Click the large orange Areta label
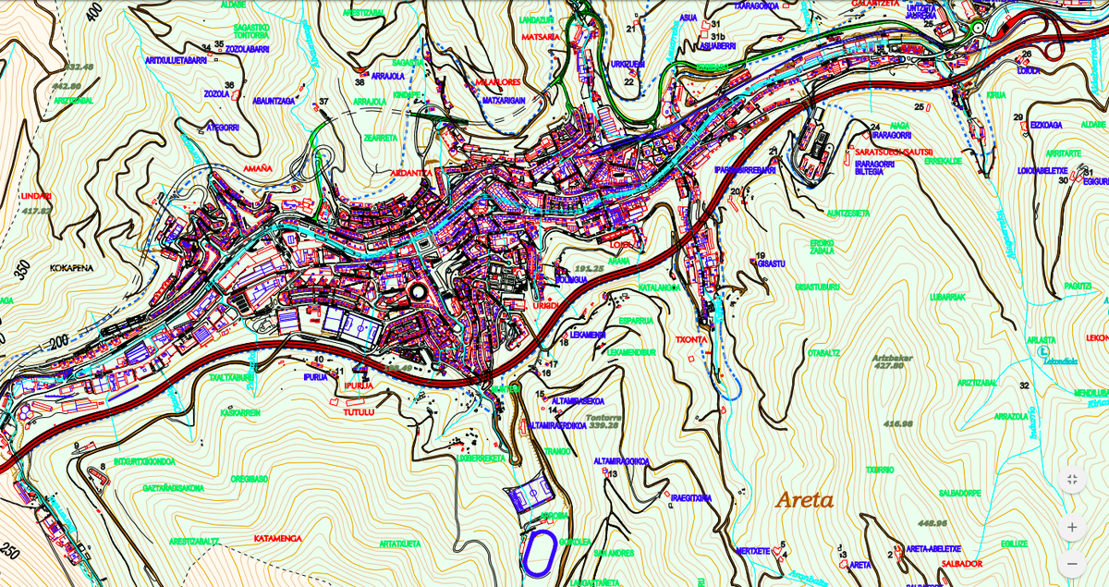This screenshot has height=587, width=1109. (x=804, y=501)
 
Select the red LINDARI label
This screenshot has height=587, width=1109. (x=35, y=196)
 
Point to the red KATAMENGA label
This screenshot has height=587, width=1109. (x=278, y=537)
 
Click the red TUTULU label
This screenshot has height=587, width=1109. (x=359, y=412)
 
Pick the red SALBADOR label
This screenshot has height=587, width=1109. (x=961, y=563)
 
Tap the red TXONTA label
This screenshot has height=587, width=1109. (x=691, y=339)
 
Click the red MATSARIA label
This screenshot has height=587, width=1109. (x=541, y=37)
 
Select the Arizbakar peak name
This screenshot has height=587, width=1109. (x=893, y=357)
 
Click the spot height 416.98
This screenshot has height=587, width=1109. (x=897, y=423)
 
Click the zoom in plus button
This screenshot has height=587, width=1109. (x=1072, y=527)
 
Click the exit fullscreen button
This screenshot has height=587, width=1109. (x=1072, y=479)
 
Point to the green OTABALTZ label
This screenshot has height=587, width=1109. (x=823, y=352)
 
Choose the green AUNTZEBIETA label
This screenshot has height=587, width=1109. (x=848, y=213)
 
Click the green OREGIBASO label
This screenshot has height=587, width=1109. (x=250, y=479)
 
